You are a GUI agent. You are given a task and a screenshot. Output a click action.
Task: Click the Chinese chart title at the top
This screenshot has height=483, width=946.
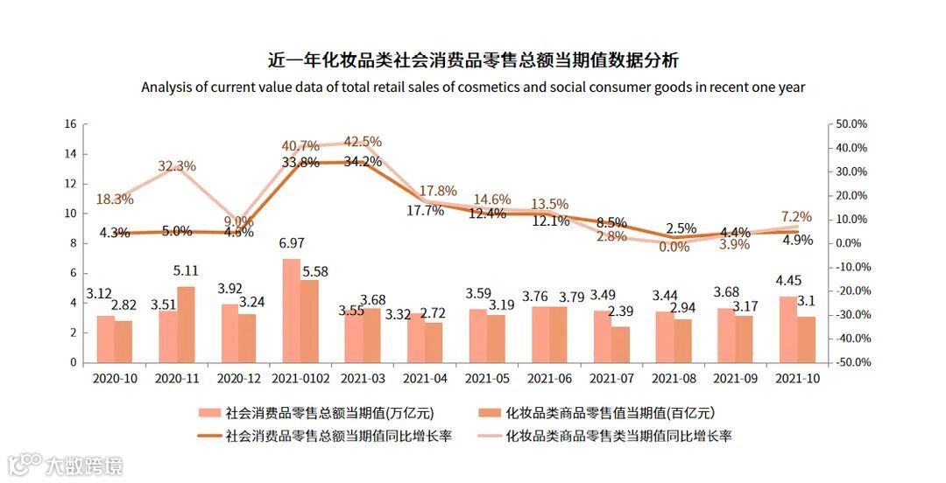click(x=473, y=60)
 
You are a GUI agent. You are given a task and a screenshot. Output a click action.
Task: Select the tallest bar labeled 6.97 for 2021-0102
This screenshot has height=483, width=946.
click(x=291, y=311)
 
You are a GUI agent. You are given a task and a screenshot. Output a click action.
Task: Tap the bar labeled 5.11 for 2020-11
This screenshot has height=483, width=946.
click(x=186, y=325)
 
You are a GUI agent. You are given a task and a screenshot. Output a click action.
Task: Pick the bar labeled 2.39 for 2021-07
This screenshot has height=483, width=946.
click(x=620, y=345)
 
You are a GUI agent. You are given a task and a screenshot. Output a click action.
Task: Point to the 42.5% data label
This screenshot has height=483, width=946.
click(x=363, y=142)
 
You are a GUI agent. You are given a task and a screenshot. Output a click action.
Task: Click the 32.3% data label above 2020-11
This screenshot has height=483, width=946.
click(x=177, y=166)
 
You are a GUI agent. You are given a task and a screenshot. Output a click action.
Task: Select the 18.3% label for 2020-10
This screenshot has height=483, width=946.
click(x=115, y=199)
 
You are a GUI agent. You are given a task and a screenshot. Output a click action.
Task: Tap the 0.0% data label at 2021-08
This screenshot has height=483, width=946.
click(x=674, y=248)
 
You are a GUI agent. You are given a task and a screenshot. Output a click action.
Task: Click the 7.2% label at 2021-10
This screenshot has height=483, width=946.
click(x=796, y=217)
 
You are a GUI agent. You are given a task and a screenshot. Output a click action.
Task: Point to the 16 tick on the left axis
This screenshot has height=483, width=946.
click(x=70, y=124)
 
